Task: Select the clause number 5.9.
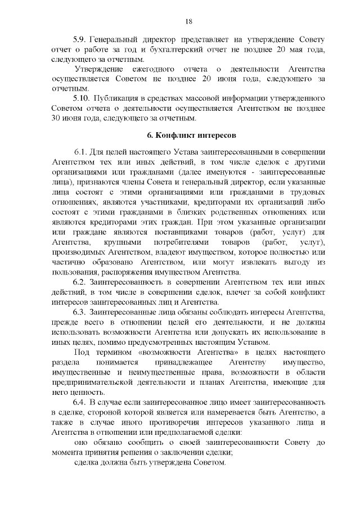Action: tap(80, 41)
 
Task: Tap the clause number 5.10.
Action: tap(82, 98)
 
